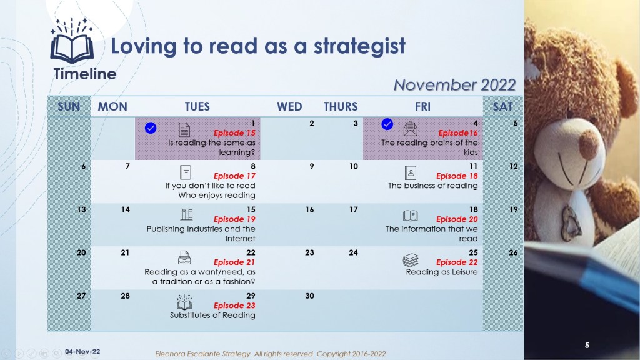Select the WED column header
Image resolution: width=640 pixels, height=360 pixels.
point(289,106)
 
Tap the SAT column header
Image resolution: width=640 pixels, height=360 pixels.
point(502,106)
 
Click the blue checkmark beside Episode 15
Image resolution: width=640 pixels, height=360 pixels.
point(151,127)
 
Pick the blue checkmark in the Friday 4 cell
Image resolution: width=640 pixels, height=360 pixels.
point(387,124)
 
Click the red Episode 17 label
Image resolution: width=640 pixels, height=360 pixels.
point(234,176)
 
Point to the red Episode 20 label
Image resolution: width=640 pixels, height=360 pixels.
point(457,219)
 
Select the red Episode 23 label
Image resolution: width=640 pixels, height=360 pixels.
point(234,305)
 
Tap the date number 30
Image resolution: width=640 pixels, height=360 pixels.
point(309,296)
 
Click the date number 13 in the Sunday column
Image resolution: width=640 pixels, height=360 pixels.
point(81,209)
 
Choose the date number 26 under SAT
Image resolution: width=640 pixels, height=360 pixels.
point(513,252)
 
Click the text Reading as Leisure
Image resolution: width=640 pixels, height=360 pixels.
point(442,272)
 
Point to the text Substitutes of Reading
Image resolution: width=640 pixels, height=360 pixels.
point(212,315)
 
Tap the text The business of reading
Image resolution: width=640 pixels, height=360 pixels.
point(432,186)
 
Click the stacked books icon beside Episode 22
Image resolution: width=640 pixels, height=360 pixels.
point(411,260)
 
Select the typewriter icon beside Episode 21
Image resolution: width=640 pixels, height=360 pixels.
point(184,257)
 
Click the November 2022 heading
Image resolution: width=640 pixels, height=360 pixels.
point(455,85)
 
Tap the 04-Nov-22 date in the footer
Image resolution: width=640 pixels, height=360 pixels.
point(82,351)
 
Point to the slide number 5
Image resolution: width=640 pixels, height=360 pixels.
point(587,345)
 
